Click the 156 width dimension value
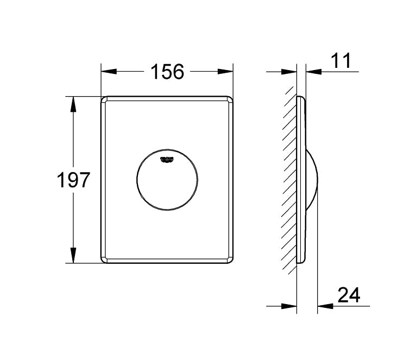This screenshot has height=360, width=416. [x=167, y=71]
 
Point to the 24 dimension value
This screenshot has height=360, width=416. [x=349, y=295]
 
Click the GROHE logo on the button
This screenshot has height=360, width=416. [x=167, y=159]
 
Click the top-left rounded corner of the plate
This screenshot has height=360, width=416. [x=104, y=100]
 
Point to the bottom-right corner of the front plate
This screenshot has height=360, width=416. [x=230, y=260]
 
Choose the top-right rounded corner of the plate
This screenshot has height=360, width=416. [x=230, y=100]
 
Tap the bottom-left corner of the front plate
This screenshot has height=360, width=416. [x=104, y=260]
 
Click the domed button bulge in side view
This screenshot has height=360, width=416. [x=314, y=180]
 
